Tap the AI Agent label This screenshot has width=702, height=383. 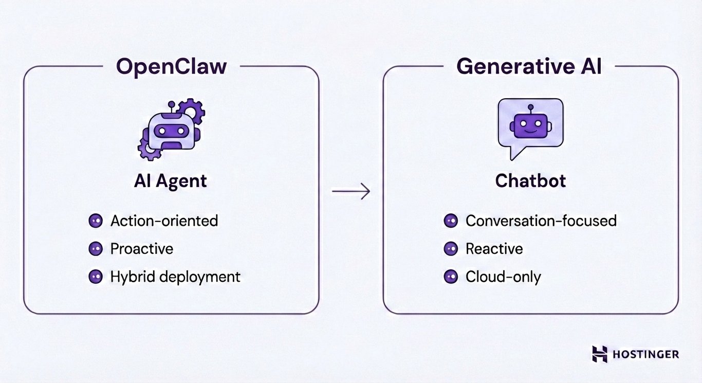171,180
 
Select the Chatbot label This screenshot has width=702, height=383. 530,180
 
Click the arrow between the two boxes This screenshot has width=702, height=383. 351,192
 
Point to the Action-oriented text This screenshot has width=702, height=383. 164,221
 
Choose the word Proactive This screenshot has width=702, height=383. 142,249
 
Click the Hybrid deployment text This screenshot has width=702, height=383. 175,277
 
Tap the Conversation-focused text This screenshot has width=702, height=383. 541,221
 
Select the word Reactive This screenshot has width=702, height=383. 494,249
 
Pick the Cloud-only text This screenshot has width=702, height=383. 503,277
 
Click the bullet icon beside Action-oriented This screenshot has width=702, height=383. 95,221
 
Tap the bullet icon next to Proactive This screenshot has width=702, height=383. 95,249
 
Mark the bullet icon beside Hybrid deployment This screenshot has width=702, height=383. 95,277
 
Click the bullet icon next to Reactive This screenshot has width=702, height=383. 451,249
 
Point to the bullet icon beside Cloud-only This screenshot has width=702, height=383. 451,277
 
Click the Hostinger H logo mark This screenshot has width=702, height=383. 599,354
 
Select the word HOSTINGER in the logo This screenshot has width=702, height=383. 646,354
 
